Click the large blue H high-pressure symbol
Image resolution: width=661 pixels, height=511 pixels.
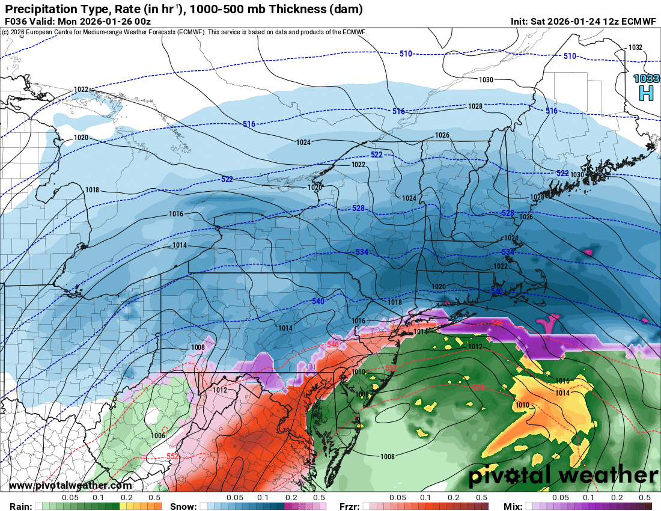(646, 93)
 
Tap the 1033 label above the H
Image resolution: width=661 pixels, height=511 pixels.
(646, 78)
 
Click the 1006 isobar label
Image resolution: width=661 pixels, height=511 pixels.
(158, 436)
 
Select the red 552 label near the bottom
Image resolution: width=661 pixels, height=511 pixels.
(172, 457)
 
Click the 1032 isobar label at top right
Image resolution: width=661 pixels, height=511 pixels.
(635, 47)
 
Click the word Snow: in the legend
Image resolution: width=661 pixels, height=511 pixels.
(183, 506)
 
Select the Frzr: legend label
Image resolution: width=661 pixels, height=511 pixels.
(349, 506)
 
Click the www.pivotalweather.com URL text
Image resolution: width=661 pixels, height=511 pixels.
(70, 486)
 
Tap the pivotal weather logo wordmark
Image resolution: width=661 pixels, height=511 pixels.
(563, 476)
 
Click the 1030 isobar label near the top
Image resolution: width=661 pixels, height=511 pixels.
(486, 80)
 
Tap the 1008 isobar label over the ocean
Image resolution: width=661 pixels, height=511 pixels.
(388, 457)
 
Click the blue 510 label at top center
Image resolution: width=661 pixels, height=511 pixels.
(406, 54)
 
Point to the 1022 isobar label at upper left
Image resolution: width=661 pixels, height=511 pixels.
(81, 90)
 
